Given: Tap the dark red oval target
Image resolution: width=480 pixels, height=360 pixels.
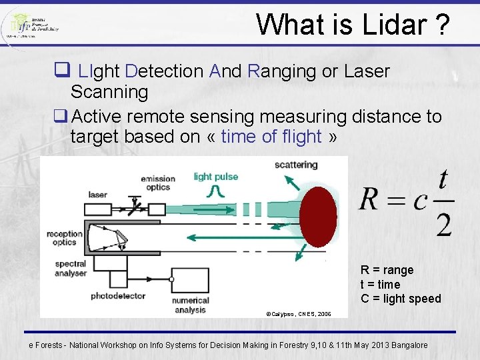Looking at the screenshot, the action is tap(318, 217).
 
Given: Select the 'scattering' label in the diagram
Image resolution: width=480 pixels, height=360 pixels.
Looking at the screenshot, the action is tap(295, 165).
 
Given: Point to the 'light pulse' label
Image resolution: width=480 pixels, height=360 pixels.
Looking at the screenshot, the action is tap(215, 177).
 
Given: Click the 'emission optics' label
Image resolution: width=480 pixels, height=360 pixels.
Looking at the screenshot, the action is tap(158, 183).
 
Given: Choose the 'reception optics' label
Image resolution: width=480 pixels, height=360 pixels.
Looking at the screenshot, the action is tap(64, 238).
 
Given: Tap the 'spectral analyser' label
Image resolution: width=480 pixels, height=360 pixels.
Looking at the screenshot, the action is tap(71, 269).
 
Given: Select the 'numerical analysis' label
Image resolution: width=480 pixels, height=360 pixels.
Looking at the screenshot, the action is tap(191, 305).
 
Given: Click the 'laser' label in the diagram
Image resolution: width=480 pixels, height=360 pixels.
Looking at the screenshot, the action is tap(97, 195).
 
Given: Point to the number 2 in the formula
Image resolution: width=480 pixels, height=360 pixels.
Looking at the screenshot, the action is tap(443, 225).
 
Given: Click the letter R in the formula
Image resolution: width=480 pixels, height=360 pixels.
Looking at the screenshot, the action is tap(371, 199).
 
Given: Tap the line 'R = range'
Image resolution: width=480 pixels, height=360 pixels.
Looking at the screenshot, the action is tap(387, 270).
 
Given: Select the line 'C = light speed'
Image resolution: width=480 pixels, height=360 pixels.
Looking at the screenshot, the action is tap(401, 299).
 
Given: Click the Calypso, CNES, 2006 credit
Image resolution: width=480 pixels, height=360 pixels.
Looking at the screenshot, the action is tap(298, 313).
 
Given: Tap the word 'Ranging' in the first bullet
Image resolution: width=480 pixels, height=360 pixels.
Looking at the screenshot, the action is tap(282, 71).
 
